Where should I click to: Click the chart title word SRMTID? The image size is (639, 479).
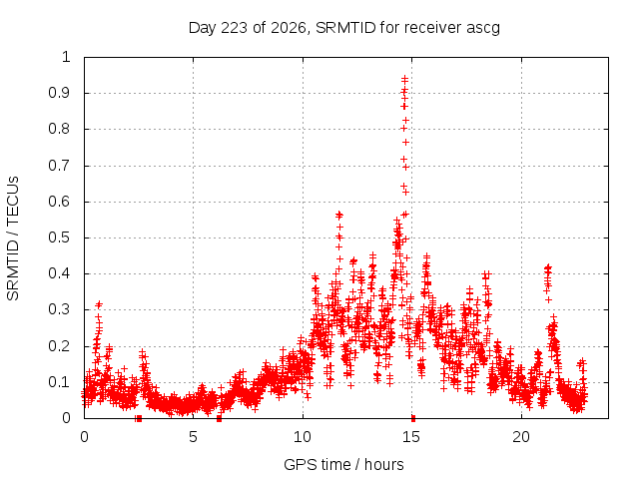[345, 28]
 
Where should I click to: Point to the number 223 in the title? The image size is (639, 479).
[234, 28]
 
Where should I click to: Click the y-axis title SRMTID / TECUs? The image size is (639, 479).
[13, 239]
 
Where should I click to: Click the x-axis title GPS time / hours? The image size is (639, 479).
[343, 464]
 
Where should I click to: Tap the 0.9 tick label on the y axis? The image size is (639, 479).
[60, 93]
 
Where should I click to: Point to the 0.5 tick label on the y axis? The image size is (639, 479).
[60, 238]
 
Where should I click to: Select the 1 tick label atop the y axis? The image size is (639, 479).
[66, 57]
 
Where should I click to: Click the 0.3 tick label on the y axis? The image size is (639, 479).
[60, 309]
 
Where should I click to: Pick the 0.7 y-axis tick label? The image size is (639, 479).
[60, 166]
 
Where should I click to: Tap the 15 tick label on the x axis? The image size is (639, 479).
[411, 437]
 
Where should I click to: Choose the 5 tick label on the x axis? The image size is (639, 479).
[193, 437]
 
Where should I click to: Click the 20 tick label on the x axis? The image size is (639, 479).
[521, 437]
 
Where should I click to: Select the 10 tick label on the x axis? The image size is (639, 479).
[303, 437]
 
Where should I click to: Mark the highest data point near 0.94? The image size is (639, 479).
[404, 79]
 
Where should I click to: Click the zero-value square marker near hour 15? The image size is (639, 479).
[413, 418]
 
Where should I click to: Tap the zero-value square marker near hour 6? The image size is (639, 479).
[220, 418]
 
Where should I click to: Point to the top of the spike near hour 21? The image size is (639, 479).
[548, 267]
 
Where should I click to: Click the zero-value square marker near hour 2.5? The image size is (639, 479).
[139, 418]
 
